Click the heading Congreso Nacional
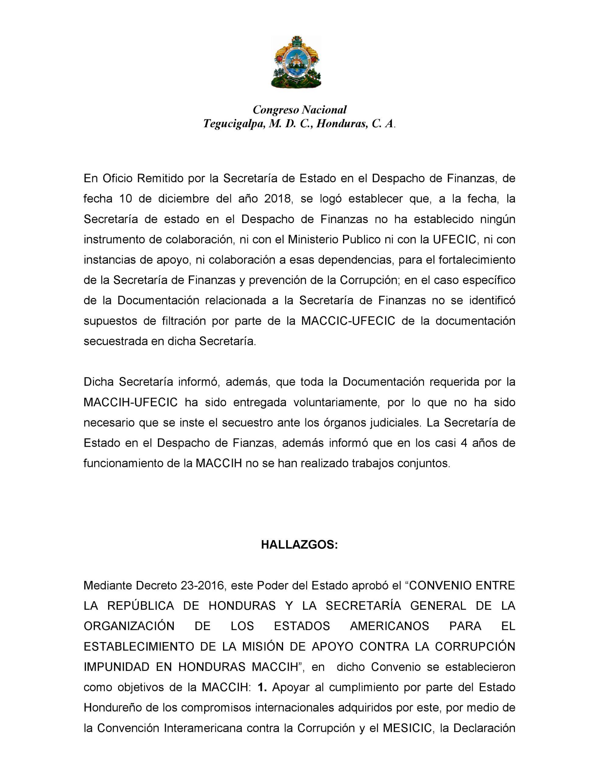tap(300, 110)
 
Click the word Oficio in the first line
tap(117, 178)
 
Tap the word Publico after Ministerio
tap(362, 239)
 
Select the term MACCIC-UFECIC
tap(348, 321)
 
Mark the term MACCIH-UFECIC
tap(131, 402)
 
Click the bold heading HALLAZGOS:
tap(299, 545)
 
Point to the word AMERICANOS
tap(389, 626)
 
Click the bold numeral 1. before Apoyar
tap(262, 687)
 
